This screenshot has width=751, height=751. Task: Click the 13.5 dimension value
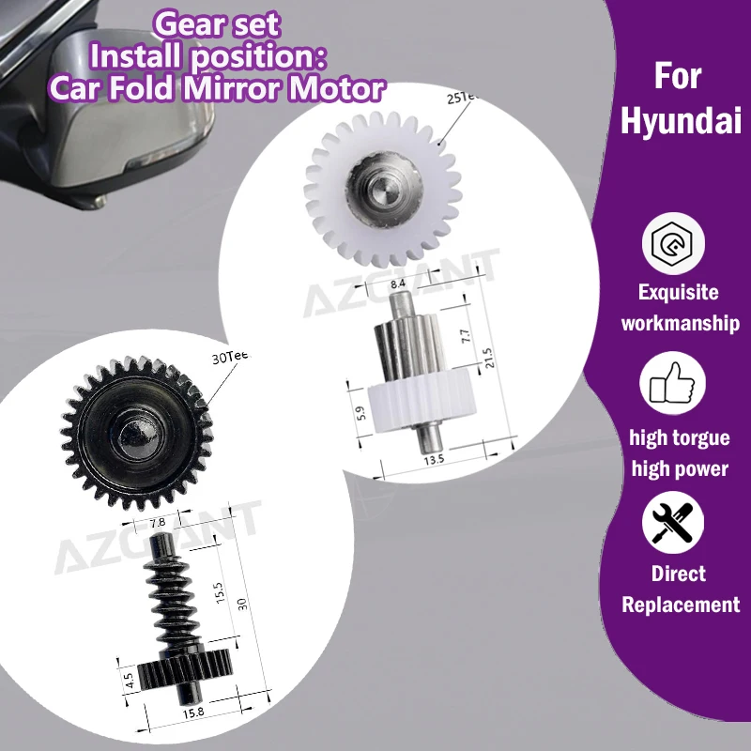pyautogui.click(x=433, y=459)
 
